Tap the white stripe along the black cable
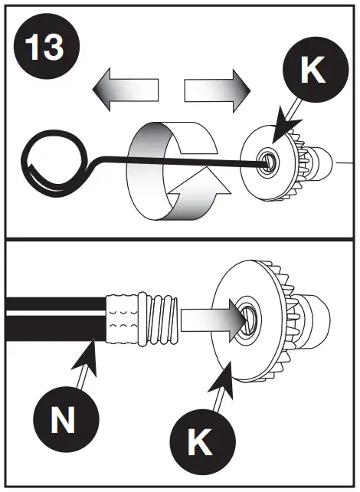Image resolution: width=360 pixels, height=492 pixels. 54,315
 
